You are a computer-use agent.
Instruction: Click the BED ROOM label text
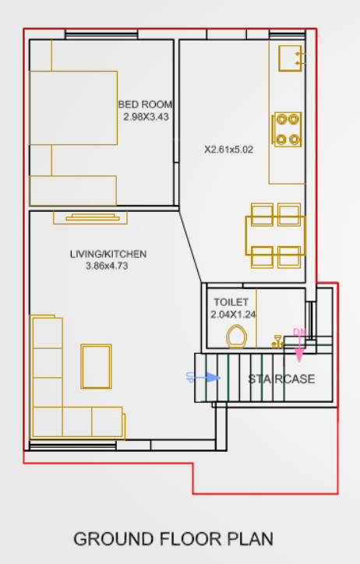145,104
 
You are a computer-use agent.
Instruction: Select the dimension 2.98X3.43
146,117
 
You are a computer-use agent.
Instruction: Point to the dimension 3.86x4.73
106,266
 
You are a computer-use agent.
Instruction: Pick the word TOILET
231,302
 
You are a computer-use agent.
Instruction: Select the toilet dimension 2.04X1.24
233,315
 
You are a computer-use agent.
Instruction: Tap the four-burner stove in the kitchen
287,129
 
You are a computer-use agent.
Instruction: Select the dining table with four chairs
277,235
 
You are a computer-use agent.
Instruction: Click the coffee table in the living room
97,365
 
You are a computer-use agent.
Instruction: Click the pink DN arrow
299,351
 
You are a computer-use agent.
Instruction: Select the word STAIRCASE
281,379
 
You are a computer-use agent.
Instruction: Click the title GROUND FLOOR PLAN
173,539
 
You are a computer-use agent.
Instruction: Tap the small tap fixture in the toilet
276,340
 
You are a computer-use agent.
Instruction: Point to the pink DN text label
299,333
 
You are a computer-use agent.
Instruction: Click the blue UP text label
189,377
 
